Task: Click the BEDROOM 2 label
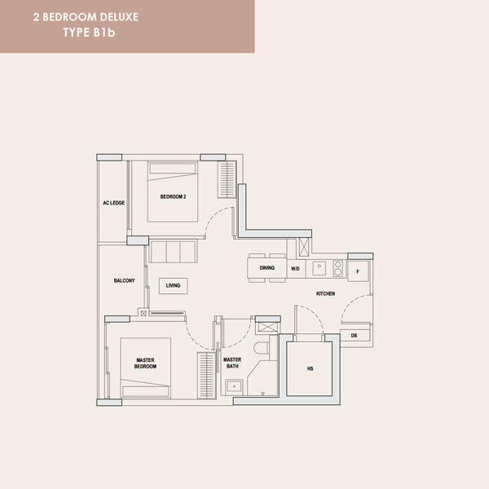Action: coord(173,196)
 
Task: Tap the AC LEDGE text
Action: coord(114,203)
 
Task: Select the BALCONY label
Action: coord(124,280)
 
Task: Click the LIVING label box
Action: coord(173,286)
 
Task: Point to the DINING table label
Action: coord(267,268)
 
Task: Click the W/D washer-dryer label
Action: coord(295,269)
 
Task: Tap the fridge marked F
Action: coord(358,271)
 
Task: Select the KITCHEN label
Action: coord(325,293)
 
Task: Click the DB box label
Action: coord(354,336)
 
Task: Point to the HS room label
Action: coord(310,368)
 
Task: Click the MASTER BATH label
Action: coord(232,363)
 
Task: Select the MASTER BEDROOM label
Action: coord(145,363)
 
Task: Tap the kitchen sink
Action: coord(319,268)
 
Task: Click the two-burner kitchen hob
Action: coord(338,269)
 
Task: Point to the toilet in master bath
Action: coord(261,348)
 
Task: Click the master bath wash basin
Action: coord(234,387)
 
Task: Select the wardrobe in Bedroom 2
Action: coord(227,179)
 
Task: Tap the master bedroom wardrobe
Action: coord(206,376)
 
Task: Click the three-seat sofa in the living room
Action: coord(173,251)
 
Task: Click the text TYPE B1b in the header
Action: coord(89,33)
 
